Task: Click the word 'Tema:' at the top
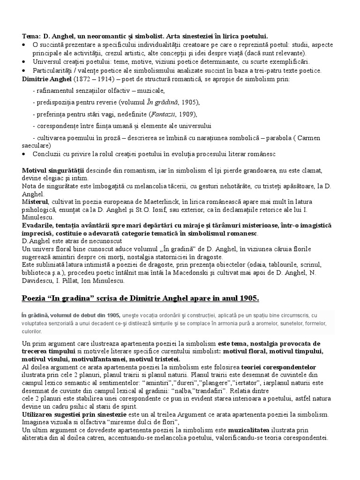31,36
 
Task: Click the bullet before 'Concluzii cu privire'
24,154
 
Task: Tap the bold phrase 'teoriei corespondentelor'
277,367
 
